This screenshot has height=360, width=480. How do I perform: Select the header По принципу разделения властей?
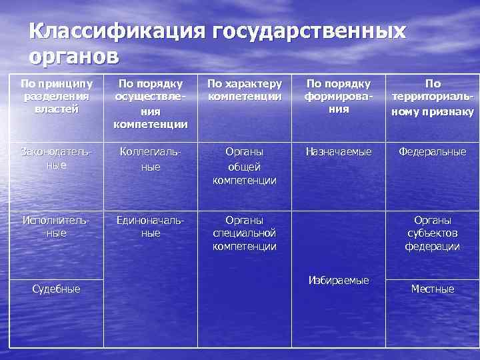pyautogui.click(x=57, y=97)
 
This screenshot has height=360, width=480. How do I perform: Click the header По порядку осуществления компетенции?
pyautogui.click(x=151, y=104)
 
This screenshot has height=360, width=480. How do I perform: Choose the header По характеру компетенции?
pyautogui.click(x=244, y=90)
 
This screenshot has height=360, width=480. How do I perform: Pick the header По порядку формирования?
pyautogui.click(x=338, y=97)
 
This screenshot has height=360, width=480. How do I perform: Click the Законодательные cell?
pyautogui.click(x=57, y=158)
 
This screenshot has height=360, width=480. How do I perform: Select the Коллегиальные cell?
pyautogui.click(x=151, y=159)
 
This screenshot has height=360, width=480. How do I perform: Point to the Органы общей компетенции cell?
pyautogui.click(x=244, y=166)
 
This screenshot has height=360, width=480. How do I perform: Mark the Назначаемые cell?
pyautogui.click(x=338, y=152)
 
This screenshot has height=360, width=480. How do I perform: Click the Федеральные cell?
pyautogui.click(x=433, y=152)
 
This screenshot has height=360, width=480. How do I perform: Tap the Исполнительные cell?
pyautogui.click(x=57, y=226)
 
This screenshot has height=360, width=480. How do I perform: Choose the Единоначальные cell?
pyautogui.click(x=151, y=226)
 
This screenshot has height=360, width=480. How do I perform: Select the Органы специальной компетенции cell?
pyautogui.click(x=244, y=233)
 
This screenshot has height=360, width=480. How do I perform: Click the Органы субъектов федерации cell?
pyautogui.click(x=433, y=233)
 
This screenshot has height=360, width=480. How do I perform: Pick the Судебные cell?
pyautogui.click(x=57, y=289)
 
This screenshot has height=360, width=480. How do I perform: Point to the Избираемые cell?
pyautogui.click(x=338, y=280)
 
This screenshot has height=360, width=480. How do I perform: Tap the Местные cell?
pyautogui.click(x=433, y=289)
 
